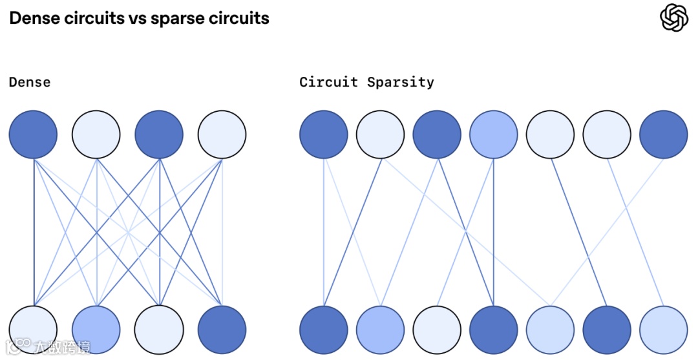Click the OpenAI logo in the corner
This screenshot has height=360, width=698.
(674, 17)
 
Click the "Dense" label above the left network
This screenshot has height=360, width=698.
(30, 82)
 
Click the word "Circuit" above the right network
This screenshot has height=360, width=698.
(328, 82)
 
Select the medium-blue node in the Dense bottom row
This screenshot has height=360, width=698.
(96, 330)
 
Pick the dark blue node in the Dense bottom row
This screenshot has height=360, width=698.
(222, 330)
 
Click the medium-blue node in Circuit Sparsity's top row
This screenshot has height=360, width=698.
(494, 134)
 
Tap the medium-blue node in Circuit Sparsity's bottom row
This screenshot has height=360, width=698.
(380, 330)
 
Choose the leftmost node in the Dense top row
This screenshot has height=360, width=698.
(33, 134)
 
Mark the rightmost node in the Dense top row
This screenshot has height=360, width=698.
(222, 134)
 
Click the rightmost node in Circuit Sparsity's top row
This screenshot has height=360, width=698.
(664, 134)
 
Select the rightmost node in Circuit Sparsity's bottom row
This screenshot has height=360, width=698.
(664, 330)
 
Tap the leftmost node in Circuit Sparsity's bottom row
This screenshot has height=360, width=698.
(324, 330)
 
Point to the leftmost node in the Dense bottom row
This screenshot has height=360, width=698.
(33, 330)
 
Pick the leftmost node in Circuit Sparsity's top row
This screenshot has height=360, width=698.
(324, 134)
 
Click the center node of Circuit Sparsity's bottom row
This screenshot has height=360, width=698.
(494, 330)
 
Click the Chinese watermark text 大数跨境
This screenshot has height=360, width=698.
(63, 347)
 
